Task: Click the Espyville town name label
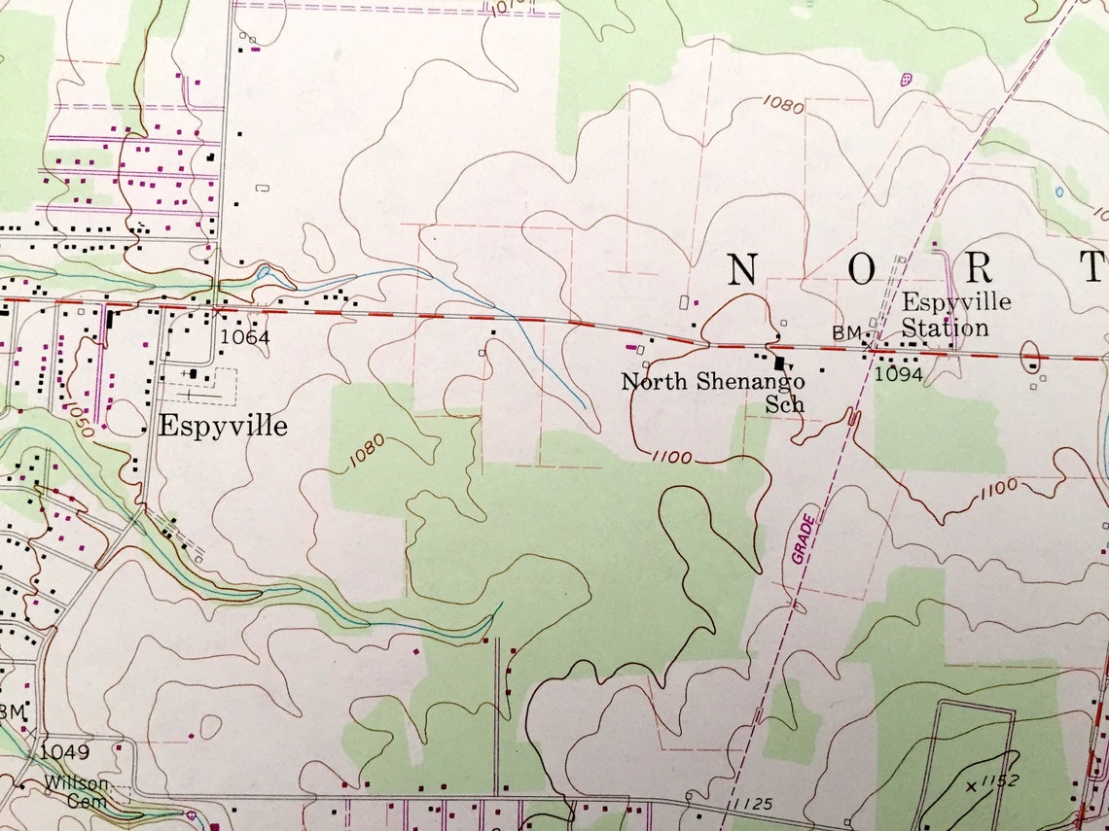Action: (x=223, y=426)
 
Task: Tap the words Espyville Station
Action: (x=954, y=314)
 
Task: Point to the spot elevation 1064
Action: (x=244, y=337)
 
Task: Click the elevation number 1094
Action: (x=898, y=373)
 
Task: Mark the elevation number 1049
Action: (x=65, y=751)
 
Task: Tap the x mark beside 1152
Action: (x=971, y=785)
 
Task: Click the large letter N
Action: (x=743, y=268)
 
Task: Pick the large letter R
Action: (x=978, y=267)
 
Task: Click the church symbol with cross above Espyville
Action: (x=194, y=372)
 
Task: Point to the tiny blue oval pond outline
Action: (x=1058, y=191)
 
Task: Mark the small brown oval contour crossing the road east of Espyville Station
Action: (x=1030, y=357)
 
